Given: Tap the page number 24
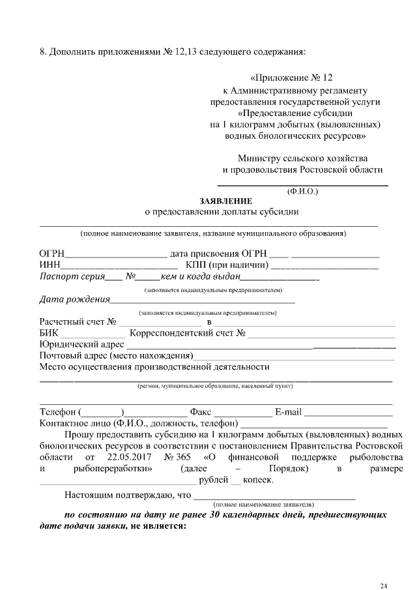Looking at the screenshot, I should point(384,567).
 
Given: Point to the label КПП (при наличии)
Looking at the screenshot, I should point(227,265).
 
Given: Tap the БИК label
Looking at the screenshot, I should point(50,333).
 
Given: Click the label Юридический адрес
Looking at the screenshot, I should point(81,344).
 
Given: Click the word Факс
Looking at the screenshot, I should point(200,412).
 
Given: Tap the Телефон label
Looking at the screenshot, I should point(58,412).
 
